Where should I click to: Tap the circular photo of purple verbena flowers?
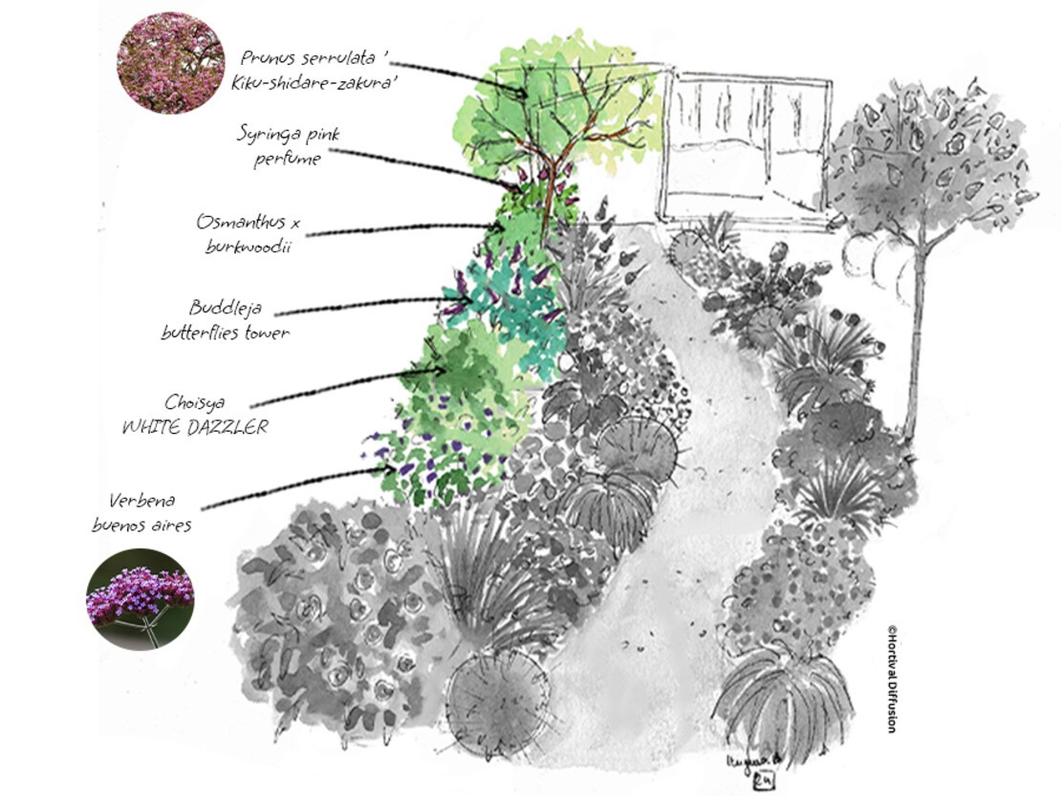(141, 599)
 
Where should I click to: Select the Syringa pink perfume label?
(289, 145)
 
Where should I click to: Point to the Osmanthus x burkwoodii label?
(248, 233)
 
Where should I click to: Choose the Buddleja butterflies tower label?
(226, 320)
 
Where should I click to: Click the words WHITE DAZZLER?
(195, 427)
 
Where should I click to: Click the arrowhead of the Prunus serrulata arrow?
(522, 93)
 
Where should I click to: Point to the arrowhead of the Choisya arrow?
(440, 370)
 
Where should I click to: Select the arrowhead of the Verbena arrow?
(390, 467)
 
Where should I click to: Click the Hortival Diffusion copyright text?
(891, 678)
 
